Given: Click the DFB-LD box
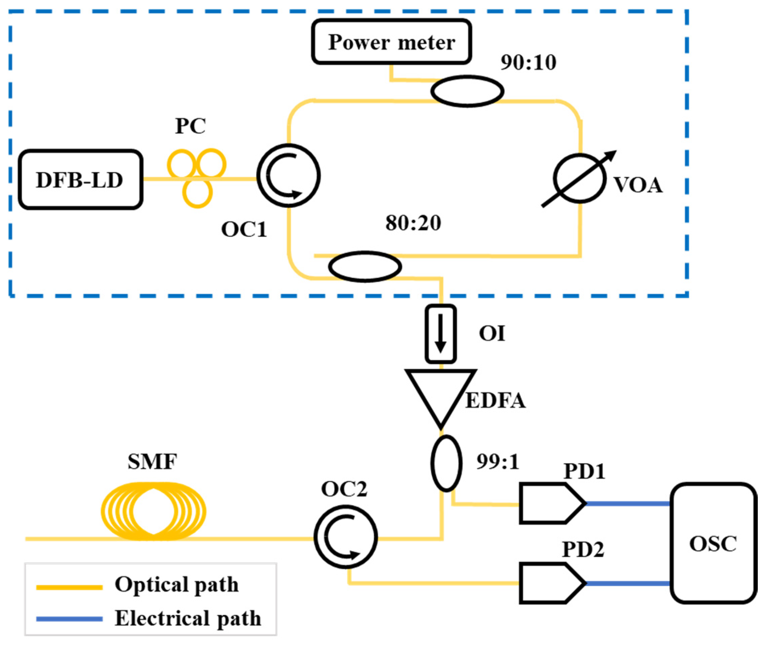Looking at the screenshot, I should coord(80,180).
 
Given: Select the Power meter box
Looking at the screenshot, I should coord(391,42).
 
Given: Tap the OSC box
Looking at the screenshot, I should coord(713,543).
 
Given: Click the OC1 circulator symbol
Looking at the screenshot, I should coord(288,176).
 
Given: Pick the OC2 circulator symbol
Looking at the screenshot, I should coord(346,537).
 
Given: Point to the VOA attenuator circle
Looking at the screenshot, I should coord(579,179).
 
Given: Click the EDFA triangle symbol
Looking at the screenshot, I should coord(440,395).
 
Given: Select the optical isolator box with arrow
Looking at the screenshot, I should coord(440,333).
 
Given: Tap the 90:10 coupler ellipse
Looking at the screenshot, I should coord(467,91).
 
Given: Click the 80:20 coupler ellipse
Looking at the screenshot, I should coord(365,267).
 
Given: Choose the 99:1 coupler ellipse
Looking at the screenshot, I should coord(446,463).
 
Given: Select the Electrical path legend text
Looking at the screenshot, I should coord(188,618).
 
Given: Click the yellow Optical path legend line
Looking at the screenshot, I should coord(69,588).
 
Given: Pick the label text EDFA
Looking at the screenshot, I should coord(496,401).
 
